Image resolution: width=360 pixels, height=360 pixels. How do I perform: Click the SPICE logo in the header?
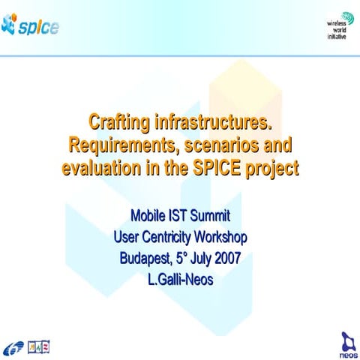(x=30, y=25)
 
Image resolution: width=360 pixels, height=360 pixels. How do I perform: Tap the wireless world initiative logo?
(x=340, y=26)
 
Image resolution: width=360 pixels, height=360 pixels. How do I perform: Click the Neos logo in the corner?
(x=348, y=345)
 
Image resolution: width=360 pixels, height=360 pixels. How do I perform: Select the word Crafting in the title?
(x=119, y=122)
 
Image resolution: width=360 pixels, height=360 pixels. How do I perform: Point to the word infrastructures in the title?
(x=213, y=122)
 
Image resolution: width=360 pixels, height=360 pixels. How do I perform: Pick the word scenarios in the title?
(x=221, y=145)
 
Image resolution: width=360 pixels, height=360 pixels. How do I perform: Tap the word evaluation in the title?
(x=101, y=168)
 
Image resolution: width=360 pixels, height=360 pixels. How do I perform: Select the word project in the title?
(x=271, y=169)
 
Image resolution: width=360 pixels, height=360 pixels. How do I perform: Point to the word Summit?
(x=210, y=215)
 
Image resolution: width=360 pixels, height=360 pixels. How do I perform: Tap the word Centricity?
(x=166, y=237)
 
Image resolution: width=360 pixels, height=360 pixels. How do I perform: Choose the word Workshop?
(x=220, y=237)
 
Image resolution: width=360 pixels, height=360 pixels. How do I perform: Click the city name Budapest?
(x=145, y=259)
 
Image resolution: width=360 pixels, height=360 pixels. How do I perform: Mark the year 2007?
(x=228, y=258)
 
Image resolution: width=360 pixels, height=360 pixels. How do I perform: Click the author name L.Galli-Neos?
(x=181, y=280)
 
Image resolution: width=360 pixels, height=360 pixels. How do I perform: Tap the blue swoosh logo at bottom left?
(x=13, y=347)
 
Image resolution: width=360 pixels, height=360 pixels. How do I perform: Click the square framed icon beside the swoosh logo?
(x=38, y=347)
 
